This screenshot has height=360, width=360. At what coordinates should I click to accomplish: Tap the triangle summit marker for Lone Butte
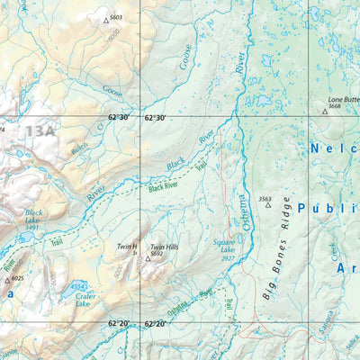point(325,112)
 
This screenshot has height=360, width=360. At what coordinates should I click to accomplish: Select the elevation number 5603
point(115,17)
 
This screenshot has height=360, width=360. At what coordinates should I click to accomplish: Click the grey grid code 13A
point(40,132)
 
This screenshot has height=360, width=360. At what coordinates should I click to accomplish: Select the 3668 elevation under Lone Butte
point(334,106)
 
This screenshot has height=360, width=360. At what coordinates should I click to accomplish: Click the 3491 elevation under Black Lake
point(32,228)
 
